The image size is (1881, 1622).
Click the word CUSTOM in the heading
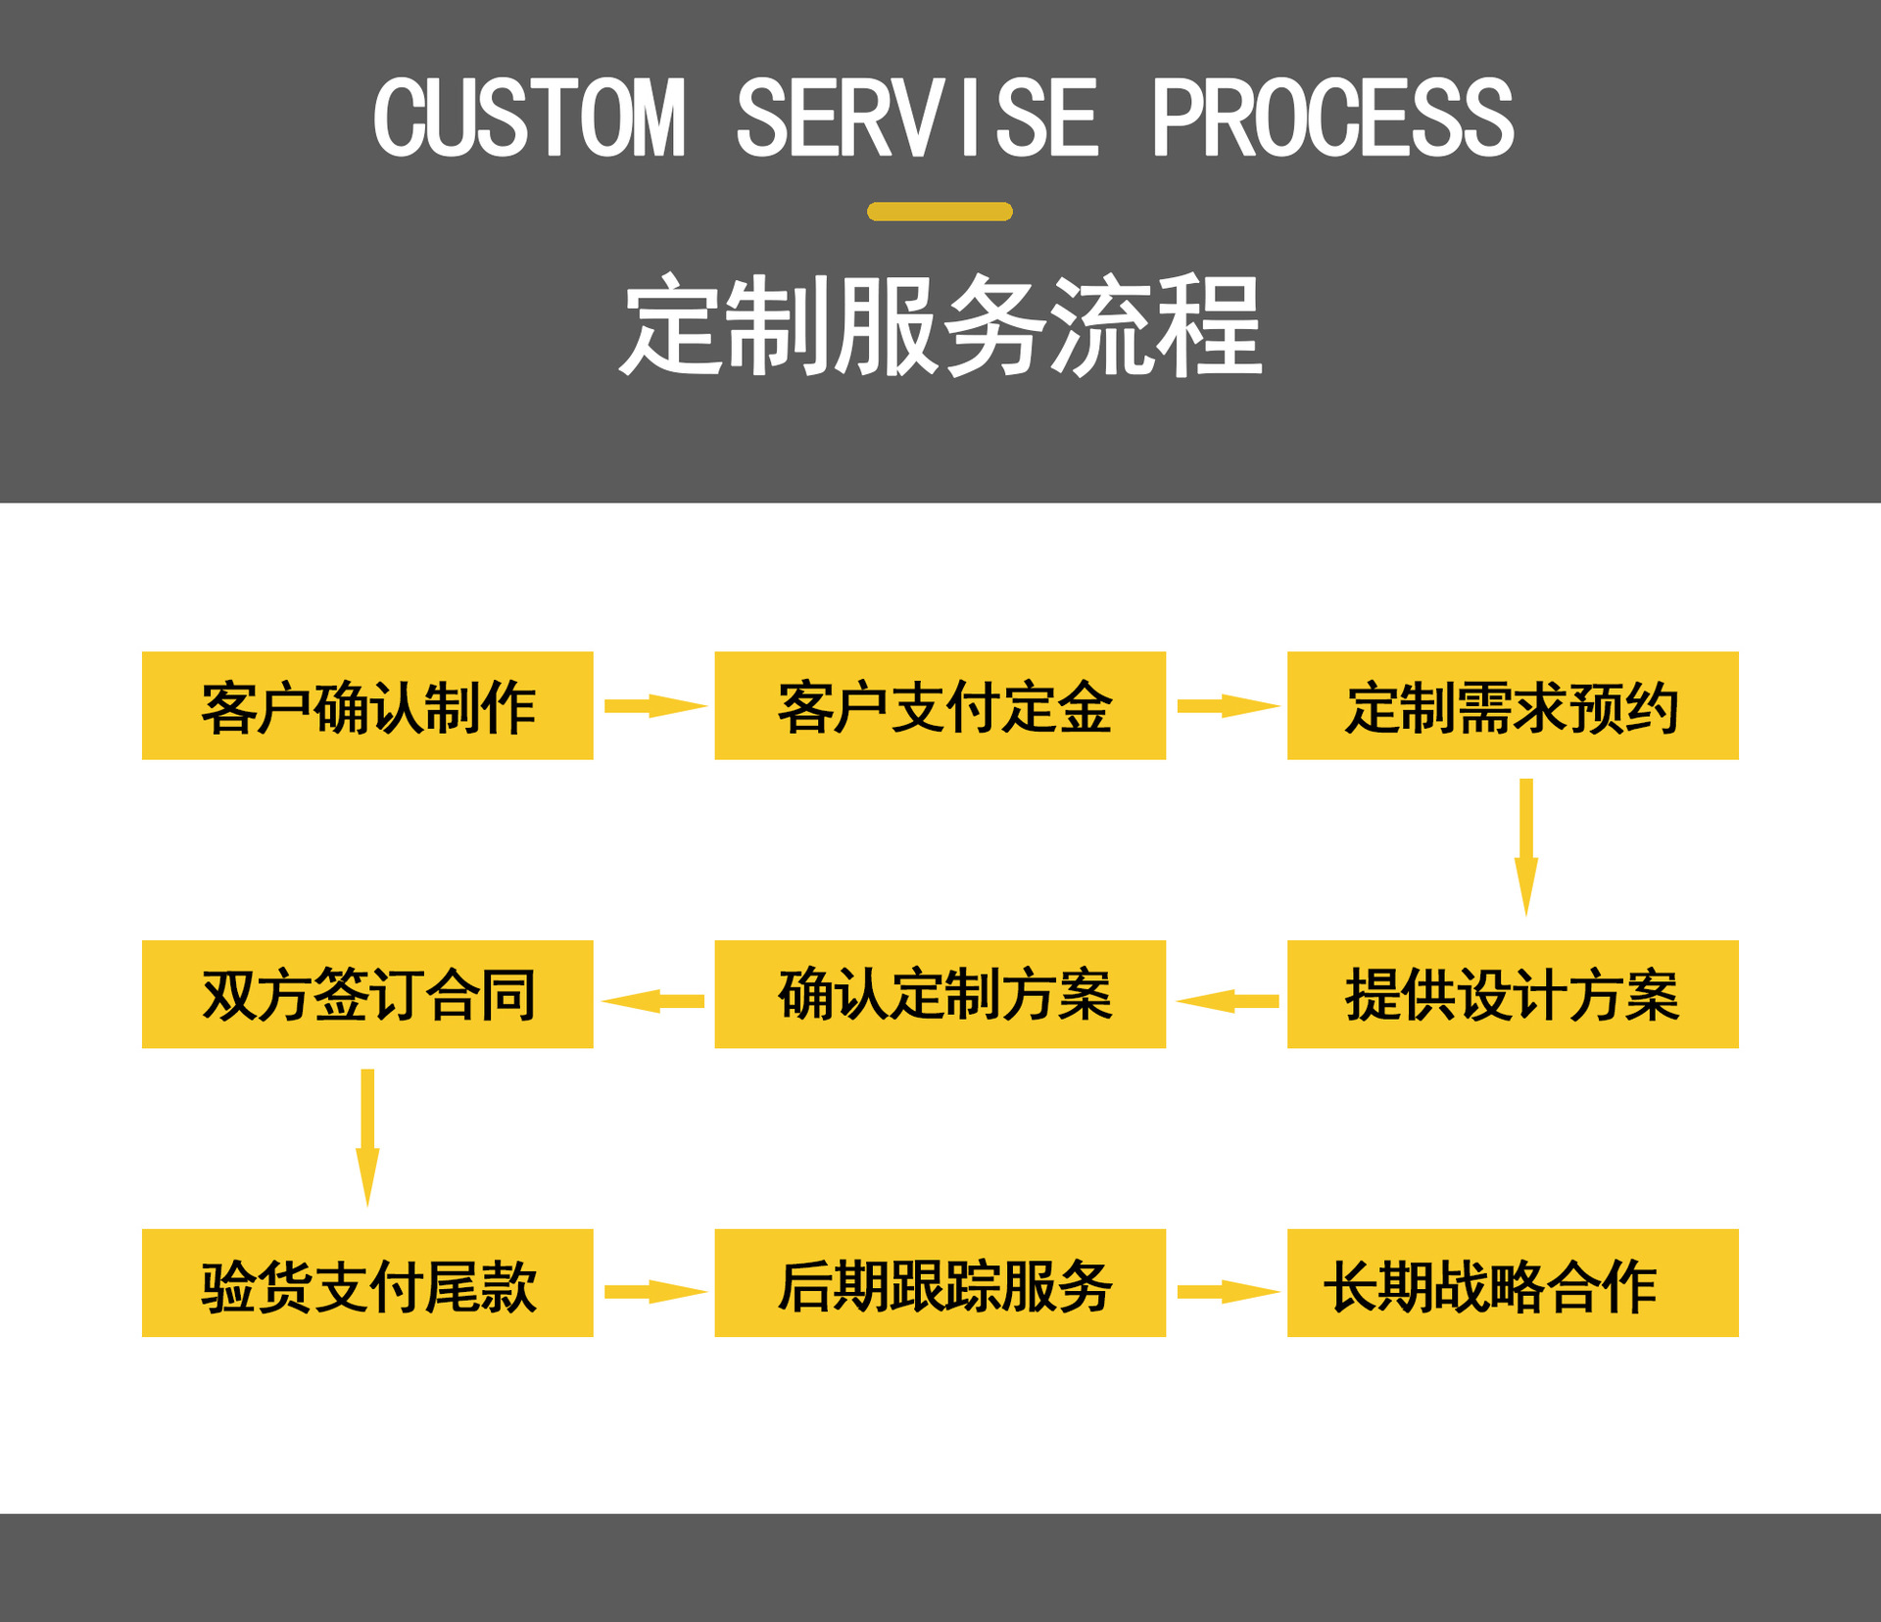click(x=529, y=119)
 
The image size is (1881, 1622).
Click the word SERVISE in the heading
click(x=917, y=119)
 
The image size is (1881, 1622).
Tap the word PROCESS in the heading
click(x=1332, y=119)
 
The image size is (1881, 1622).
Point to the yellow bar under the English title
click(x=940, y=212)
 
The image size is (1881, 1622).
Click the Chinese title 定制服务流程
click(x=940, y=325)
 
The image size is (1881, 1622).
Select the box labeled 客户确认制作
click(x=367, y=705)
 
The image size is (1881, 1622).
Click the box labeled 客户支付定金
click(x=940, y=705)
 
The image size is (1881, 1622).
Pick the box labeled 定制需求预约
click(x=1513, y=705)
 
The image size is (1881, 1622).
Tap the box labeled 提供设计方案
click(x=1513, y=994)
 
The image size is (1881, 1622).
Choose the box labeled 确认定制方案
click(x=940, y=994)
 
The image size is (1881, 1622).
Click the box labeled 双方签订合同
click(x=367, y=994)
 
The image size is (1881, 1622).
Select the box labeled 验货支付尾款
click(x=367, y=1283)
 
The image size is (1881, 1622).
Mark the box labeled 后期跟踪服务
click(x=940, y=1283)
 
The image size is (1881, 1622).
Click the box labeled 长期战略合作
click(x=1513, y=1283)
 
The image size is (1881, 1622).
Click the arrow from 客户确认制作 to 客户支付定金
click(x=654, y=706)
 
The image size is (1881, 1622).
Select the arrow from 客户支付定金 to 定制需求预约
click(x=1227, y=706)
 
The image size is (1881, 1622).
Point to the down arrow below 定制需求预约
click(x=1526, y=846)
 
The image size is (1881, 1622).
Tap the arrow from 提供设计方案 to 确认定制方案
click(x=1228, y=1001)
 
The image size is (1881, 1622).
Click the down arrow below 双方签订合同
click(x=367, y=1136)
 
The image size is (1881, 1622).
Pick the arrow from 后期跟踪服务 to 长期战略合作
click(x=1227, y=1292)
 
